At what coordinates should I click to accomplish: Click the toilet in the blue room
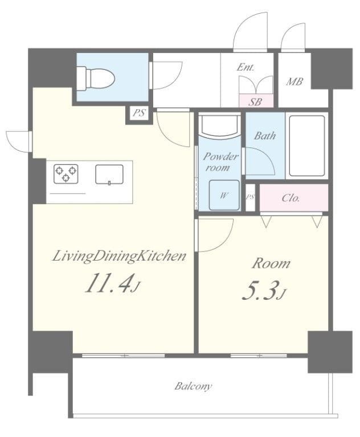[96, 79]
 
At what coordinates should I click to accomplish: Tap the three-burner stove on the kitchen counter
[66, 174]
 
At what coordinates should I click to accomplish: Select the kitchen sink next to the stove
[109, 175]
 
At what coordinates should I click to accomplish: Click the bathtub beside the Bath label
[307, 146]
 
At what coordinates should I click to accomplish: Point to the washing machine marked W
[224, 195]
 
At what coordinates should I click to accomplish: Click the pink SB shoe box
[256, 101]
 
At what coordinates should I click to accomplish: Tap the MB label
[294, 82]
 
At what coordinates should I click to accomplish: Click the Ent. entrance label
[246, 68]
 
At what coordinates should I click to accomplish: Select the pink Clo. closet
[294, 197]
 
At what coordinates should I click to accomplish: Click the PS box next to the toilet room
[139, 113]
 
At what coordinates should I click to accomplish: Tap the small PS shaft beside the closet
[250, 197]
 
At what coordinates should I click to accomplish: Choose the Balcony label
[193, 386]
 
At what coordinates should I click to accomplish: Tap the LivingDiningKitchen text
[119, 257]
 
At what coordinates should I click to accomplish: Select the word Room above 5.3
[271, 263]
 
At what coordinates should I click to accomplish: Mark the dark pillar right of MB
[332, 68]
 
